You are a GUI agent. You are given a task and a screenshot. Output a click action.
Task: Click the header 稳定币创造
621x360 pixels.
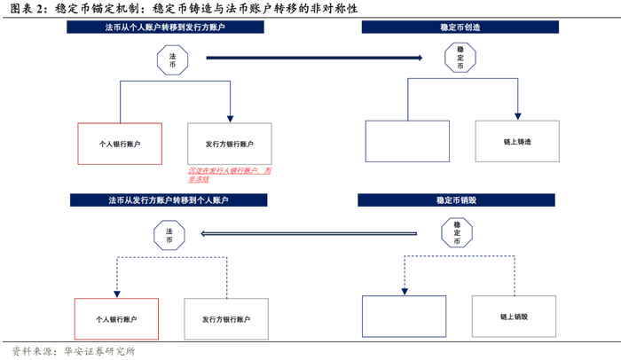coord(460,28)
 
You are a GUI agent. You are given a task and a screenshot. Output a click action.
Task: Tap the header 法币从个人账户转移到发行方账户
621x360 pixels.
coord(165,28)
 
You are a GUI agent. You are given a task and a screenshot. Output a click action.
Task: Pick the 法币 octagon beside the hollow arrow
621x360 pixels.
coord(169,234)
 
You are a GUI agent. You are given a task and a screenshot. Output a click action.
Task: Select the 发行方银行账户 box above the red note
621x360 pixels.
coord(230,144)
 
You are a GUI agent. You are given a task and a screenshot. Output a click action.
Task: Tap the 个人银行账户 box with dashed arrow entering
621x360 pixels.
coord(116,317)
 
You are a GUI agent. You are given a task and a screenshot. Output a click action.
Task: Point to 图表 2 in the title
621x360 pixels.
coord(27,9)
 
